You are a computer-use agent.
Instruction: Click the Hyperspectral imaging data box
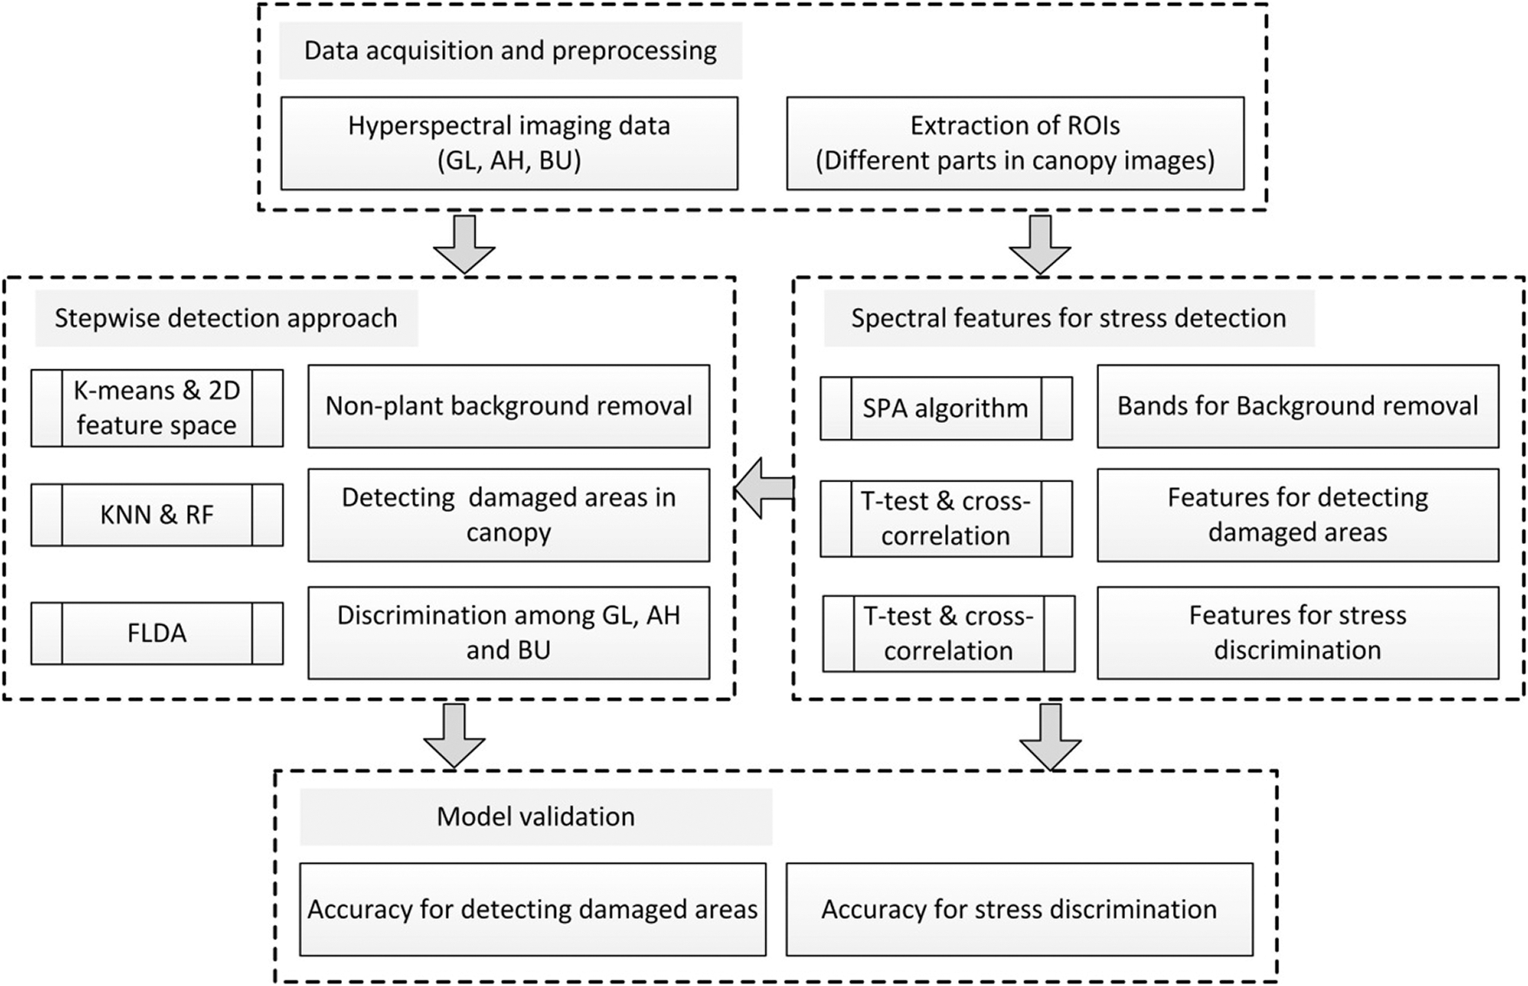509,143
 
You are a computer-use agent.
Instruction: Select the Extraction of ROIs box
1015,143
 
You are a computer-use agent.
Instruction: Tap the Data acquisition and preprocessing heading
510,50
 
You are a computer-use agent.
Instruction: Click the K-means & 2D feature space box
157,408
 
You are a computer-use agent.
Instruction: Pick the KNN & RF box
157,514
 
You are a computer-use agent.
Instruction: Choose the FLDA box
157,633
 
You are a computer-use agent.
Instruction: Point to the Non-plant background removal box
508,406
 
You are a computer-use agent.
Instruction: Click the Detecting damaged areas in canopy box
508,514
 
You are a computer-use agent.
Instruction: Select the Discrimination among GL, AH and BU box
508,633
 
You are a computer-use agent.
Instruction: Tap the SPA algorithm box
946,408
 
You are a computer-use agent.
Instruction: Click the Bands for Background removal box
1297,406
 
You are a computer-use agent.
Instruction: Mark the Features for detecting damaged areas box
1297,514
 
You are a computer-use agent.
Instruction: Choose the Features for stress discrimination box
1297,633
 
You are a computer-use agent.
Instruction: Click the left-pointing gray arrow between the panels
764,489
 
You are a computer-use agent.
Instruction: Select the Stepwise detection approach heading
226,319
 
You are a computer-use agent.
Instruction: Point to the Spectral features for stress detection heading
1069,319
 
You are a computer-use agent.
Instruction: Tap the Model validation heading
535,816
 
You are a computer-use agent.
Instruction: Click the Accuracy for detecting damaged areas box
533,909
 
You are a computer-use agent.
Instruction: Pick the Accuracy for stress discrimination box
1019,909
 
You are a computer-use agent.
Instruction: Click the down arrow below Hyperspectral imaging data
465,244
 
